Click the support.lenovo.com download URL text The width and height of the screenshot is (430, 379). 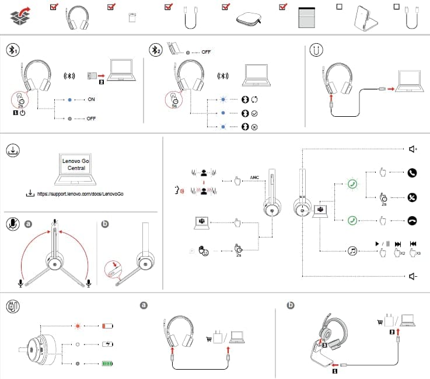point(82,193)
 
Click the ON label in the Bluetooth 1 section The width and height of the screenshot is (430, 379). point(91,100)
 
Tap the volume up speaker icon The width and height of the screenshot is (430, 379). point(413,149)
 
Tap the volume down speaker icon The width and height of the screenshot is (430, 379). point(413,276)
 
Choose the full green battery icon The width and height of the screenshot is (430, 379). point(109,363)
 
